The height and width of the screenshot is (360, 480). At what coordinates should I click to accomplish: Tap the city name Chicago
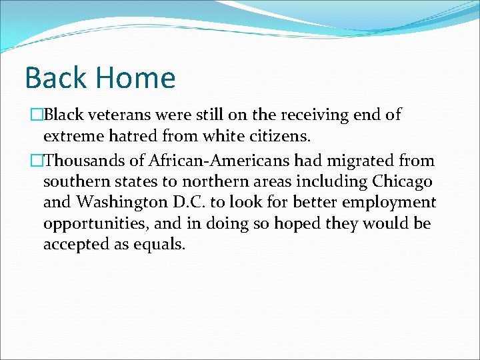point(402,182)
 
